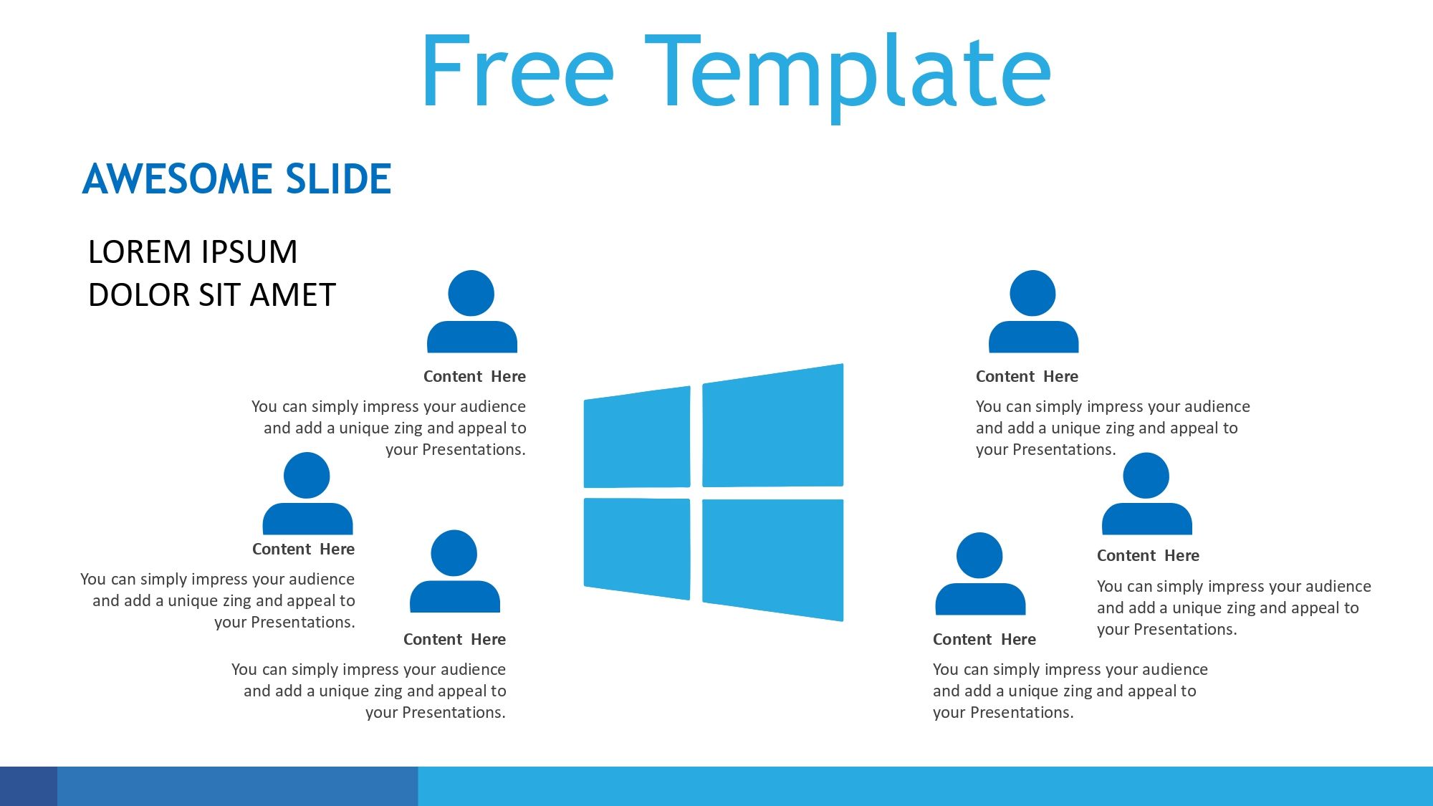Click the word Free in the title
(x=517, y=71)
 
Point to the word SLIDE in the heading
(x=338, y=178)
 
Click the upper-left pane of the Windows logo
(x=637, y=438)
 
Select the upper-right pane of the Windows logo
(x=773, y=426)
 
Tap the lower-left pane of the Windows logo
(x=637, y=548)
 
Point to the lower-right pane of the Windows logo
(x=773, y=560)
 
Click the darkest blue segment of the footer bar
(x=29, y=786)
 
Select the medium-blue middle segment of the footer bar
(x=237, y=786)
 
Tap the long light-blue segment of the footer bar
(x=926, y=786)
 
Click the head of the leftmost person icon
(x=307, y=475)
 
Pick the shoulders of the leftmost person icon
(x=308, y=519)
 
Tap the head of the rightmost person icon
(x=1146, y=475)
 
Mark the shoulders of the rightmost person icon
(x=1147, y=519)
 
